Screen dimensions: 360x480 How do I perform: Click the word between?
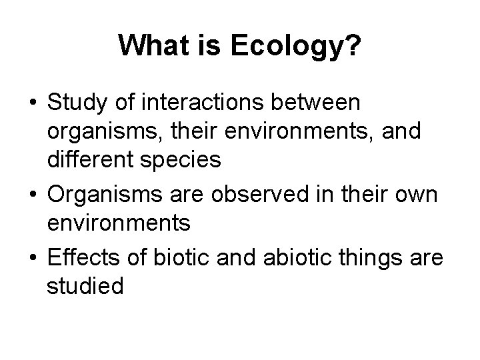[327, 103]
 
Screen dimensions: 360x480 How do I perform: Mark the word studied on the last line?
[85, 286]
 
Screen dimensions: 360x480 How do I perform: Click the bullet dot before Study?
[32, 105]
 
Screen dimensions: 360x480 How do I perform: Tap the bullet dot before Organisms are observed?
[32, 197]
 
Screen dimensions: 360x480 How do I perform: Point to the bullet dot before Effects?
[32, 257]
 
